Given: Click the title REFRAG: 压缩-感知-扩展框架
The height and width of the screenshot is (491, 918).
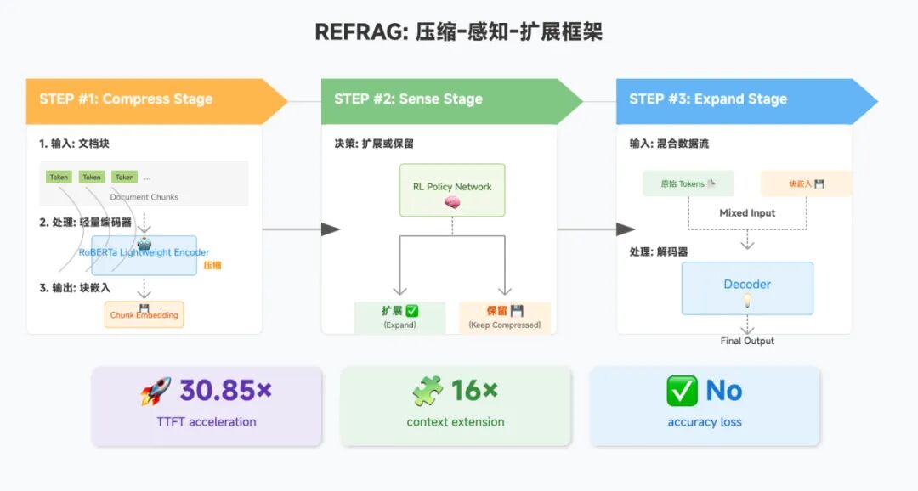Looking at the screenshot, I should point(458,32).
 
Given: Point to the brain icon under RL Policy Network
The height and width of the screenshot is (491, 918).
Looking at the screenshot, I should point(452,203).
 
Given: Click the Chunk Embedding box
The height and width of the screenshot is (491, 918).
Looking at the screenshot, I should point(144,314).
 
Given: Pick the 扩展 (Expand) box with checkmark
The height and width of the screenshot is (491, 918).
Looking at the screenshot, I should point(399,317).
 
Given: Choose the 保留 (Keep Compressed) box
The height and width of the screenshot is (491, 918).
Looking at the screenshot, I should point(505,317).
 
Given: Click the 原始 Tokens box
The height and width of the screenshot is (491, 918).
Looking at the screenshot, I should point(688,183).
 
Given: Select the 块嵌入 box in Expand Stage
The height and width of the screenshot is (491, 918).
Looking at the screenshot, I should point(806,183).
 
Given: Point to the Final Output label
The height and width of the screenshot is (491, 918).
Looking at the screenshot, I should point(747,341).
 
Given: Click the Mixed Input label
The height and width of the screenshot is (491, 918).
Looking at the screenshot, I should point(747,213).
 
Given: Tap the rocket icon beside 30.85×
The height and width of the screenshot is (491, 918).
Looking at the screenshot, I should point(156,391).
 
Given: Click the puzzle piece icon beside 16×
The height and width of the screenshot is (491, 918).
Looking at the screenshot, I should point(428,391).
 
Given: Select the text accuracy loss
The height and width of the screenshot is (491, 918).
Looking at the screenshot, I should point(705,422).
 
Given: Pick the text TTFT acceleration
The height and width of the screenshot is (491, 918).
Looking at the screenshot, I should point(207,422).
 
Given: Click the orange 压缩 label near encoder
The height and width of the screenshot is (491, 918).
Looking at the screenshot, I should point(212,266).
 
